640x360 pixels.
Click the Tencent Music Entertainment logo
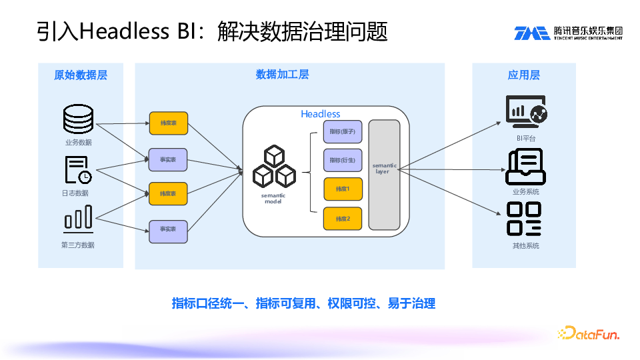[568, 33]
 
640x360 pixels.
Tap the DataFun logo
[589, 333]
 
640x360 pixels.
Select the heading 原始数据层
[80, 75]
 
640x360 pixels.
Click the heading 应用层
[523, 75]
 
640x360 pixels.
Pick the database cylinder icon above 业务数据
[78, 120]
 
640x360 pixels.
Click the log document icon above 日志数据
[78, 170]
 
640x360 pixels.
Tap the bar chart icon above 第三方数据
[78, 218]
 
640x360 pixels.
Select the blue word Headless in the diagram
[321, 114]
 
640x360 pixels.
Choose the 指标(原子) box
[343, 132]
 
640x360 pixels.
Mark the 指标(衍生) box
[343, 160]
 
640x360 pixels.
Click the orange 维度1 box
[343, 189]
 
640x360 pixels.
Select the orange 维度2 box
[343, 219]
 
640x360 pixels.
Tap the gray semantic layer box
[384, 175]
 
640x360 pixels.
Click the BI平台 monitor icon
[526, 111]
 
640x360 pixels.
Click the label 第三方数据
[78, 245]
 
